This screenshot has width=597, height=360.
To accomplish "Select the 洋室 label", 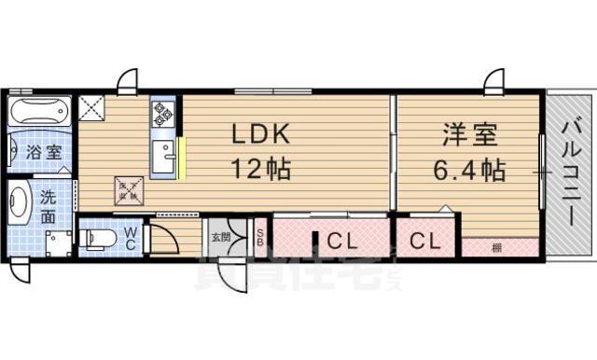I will (469, 133).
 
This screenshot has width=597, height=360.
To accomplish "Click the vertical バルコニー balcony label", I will (570, 172).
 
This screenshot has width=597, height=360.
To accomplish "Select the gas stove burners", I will (162, 115).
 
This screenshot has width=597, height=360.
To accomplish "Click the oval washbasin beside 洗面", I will (19, 202).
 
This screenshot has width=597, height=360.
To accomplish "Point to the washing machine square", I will (58, 242).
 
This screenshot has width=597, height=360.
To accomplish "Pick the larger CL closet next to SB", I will (339, 240).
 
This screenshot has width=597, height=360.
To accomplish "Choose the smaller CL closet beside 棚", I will (424, 240).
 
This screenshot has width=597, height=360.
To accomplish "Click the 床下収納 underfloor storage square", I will (127, 190).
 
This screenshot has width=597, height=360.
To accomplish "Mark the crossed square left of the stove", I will (93, 110).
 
